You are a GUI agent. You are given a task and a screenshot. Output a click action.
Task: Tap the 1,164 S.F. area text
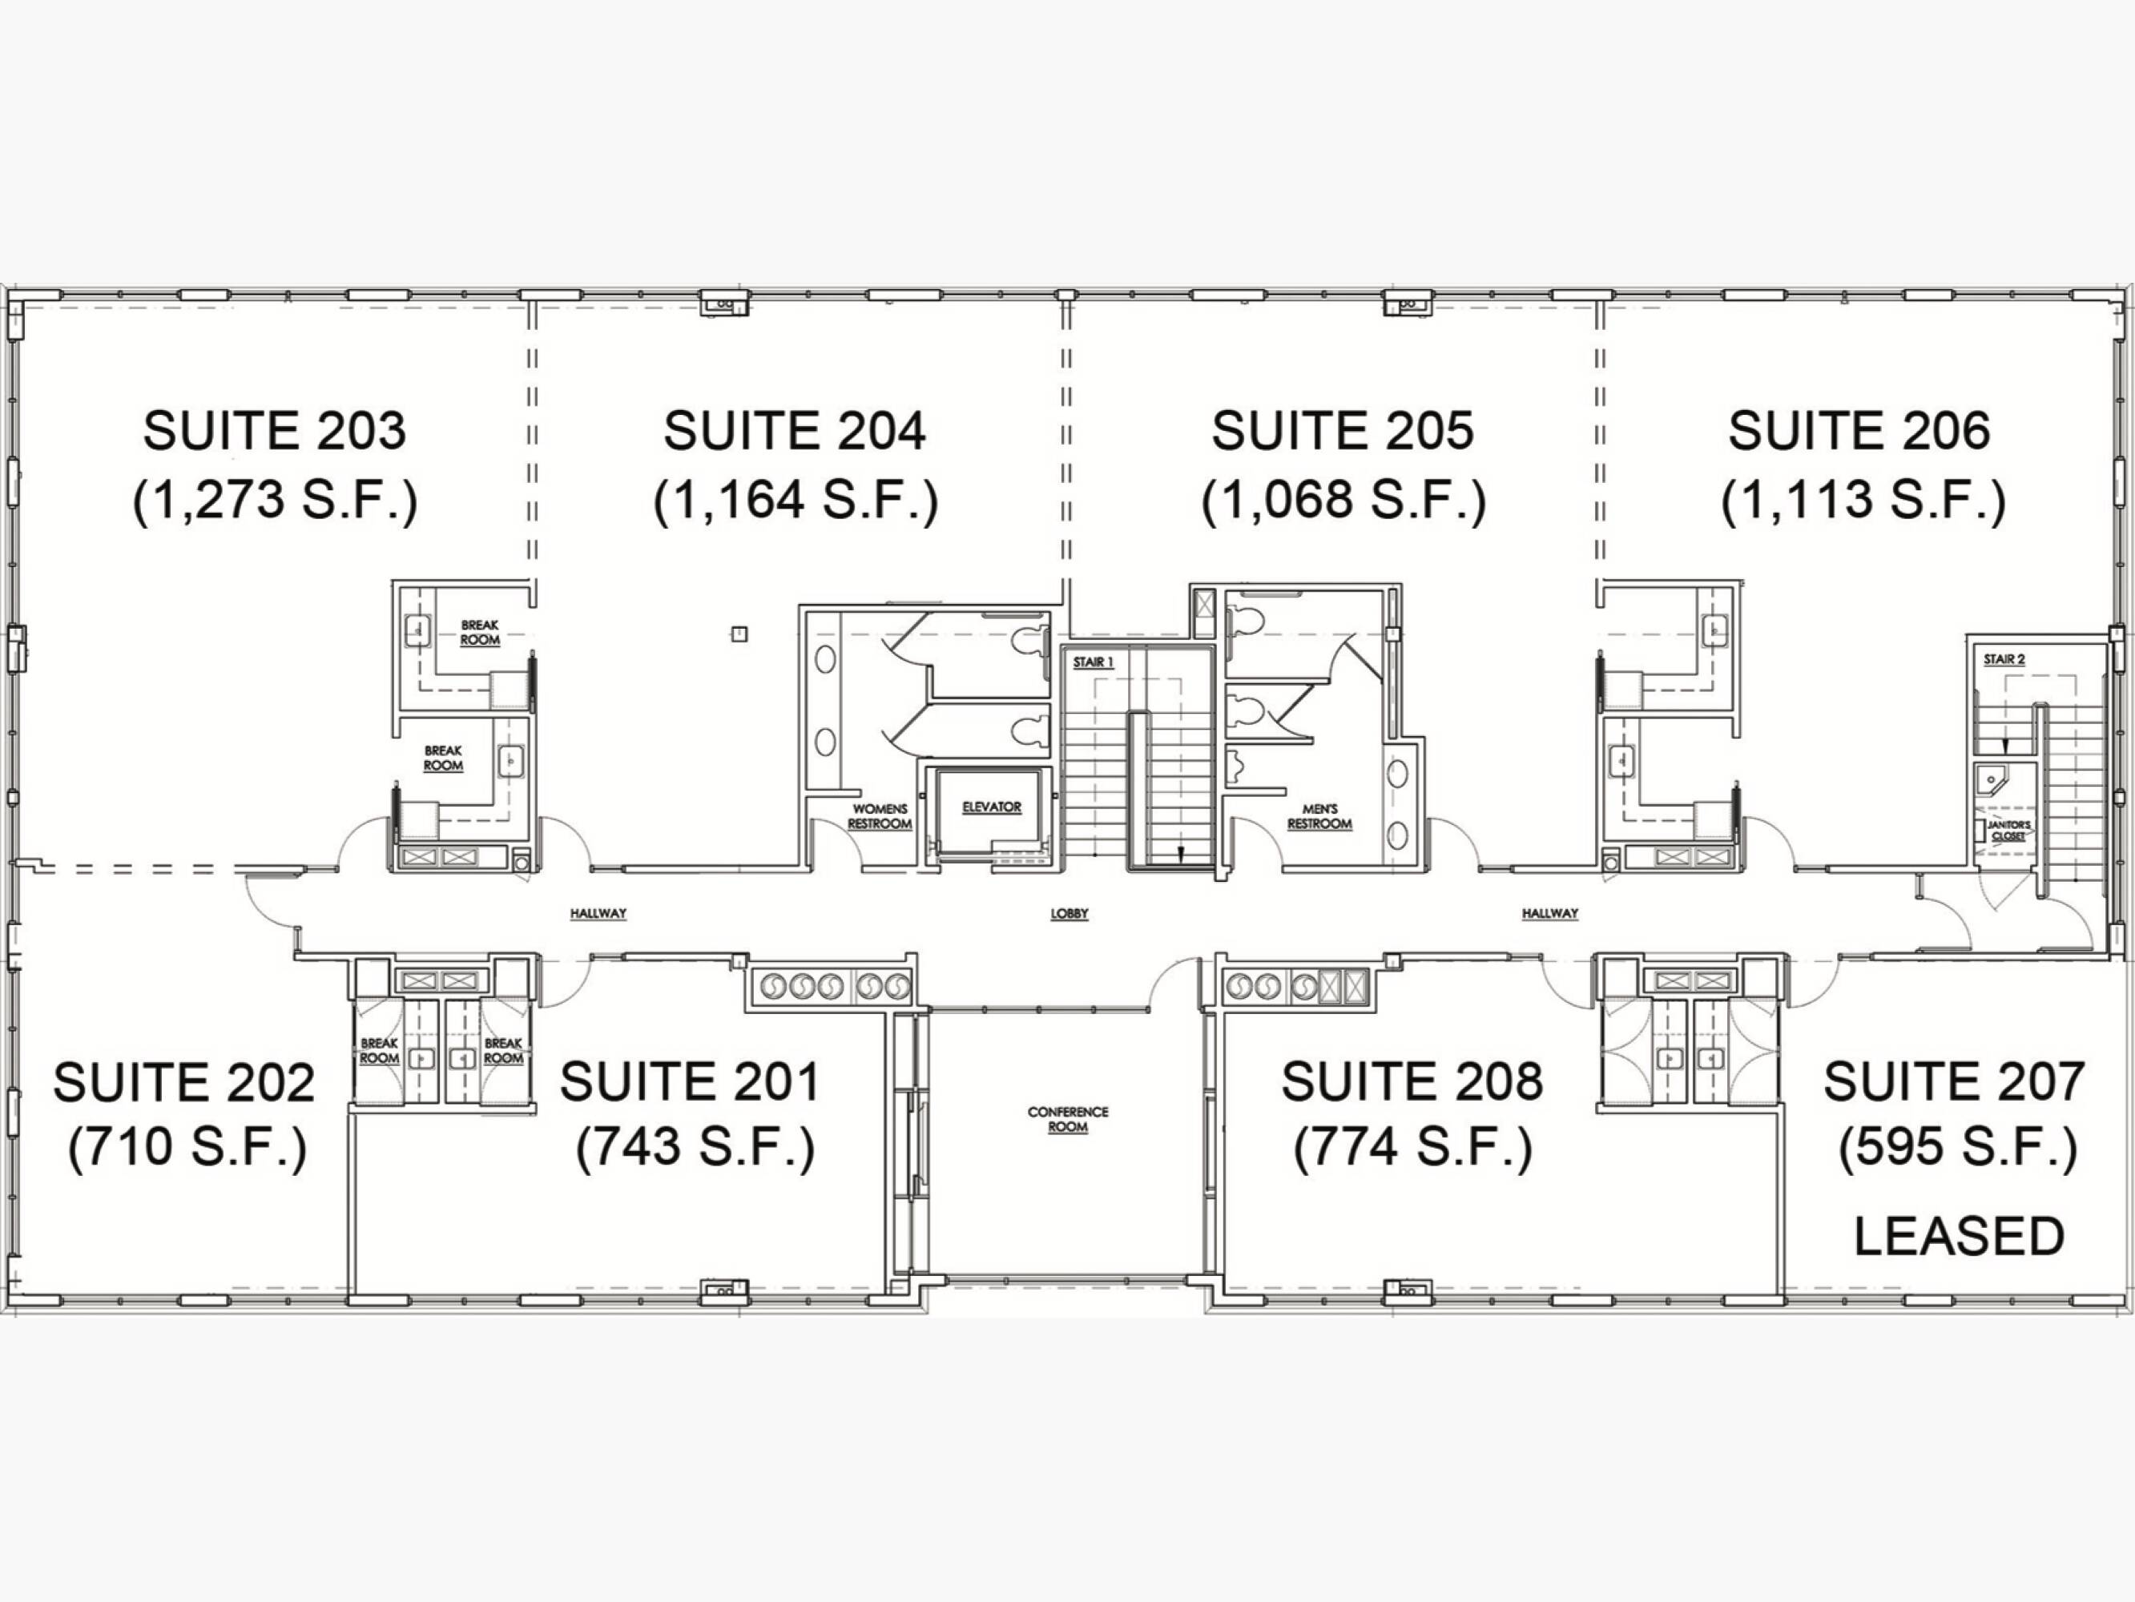pyautogui.click(x=796, y=500)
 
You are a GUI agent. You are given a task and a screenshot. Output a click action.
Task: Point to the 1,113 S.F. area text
pyautogui.click(x=1863, y=500)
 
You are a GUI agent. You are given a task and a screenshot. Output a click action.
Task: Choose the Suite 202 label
pyautogui.click(x=183, y=1082)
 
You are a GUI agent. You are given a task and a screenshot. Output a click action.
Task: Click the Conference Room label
pyautogui.click(x=1067, y=1118)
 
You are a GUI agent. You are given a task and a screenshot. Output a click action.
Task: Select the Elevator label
pyautogui.click(x=991, y=807)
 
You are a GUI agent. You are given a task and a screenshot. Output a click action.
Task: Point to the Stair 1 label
pyautogui.click(x=1094, y=663)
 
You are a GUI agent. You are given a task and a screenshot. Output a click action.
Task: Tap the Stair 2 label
pyautogui.click(x=2004, y=659)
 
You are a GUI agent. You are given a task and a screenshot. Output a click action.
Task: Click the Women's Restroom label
pyautogui.click(x=880, y=816)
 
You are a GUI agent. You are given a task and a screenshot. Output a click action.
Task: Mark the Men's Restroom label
pyautogui.click(x=1319, y=816)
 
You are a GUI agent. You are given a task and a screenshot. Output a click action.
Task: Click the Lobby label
pyautogui.click(x=1070, y=913)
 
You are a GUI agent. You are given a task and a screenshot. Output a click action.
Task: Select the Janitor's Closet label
pyautogui.click(x=2008, y=831)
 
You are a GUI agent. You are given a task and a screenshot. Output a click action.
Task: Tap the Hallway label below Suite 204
pyautogui.click(x=598, y=913)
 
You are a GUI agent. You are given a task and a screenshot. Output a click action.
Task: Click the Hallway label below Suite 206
pyautogui.click(x=1550, y=913)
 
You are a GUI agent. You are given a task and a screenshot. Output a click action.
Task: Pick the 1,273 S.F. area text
pyautogui.click(x=275, y=500)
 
